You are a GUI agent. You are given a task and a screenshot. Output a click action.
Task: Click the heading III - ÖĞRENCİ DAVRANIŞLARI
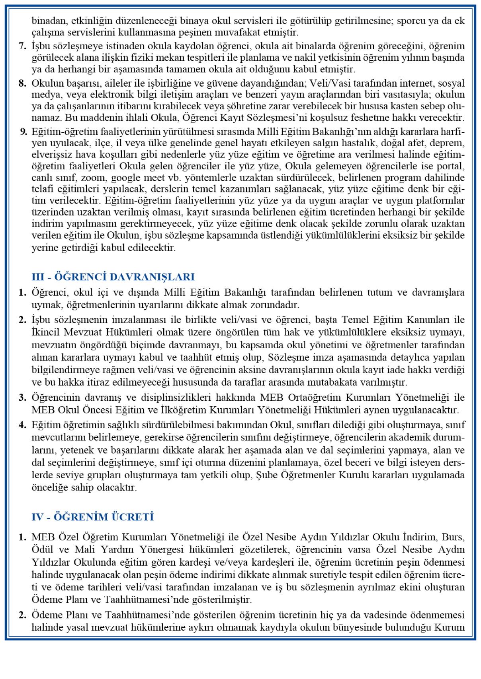[113, 277]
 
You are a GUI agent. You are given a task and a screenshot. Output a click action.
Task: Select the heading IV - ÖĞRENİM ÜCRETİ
[92, 517]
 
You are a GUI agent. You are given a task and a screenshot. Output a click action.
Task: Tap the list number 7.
[23, 46]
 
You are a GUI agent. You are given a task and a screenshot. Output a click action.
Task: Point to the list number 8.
[23, 83]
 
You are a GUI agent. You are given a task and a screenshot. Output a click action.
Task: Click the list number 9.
[23, 132]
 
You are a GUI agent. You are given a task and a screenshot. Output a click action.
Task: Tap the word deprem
[450, 143]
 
